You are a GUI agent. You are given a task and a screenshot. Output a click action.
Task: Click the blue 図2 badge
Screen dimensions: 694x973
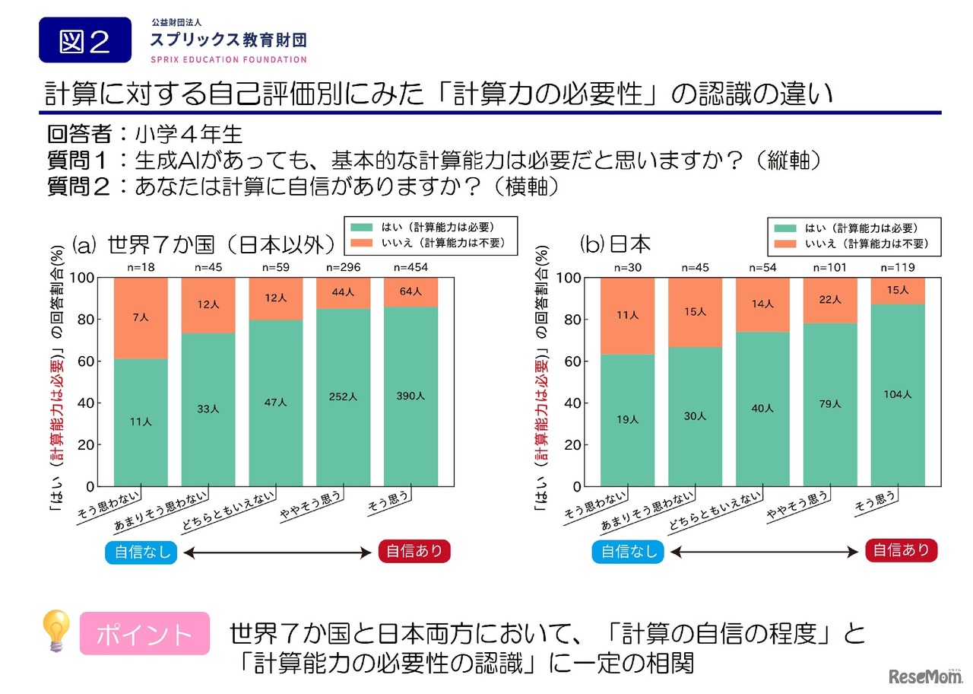click(x=84, y=40)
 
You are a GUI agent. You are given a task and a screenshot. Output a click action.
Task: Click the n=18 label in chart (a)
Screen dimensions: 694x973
click(x=141, y=267)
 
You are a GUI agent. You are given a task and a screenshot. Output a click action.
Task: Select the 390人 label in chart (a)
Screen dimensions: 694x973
click(x=410, y=396)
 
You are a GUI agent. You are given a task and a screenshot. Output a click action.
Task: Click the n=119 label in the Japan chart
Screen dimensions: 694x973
click(x=898, y=267)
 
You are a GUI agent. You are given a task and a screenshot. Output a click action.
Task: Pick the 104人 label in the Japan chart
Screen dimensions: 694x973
click(x=898, y=393)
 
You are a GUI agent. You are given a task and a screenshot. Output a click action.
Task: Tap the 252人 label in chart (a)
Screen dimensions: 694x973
click(x=344, y=396)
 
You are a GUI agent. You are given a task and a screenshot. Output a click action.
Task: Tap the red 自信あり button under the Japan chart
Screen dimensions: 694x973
click(x=901, y=550)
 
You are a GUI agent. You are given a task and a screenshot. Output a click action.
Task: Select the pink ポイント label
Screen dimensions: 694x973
click(x=144, y=633)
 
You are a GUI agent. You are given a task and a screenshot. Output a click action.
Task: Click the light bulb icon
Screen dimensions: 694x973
click(x=56, y=631)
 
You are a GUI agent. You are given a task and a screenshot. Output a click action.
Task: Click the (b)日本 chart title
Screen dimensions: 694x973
click(x=616, y=244)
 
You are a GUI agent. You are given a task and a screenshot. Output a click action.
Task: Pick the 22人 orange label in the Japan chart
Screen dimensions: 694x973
click(x=830, y=300)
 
